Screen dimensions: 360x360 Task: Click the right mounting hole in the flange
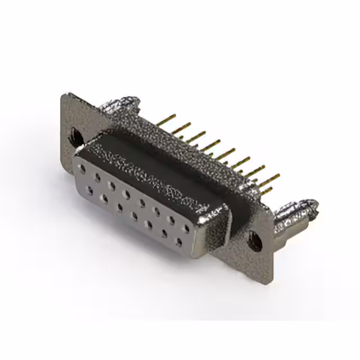point(255,241)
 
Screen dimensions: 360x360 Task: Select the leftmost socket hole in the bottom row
point(90,190)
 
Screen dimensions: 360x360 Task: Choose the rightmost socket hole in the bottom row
point(179,242)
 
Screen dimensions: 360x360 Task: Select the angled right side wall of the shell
point(217,225)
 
